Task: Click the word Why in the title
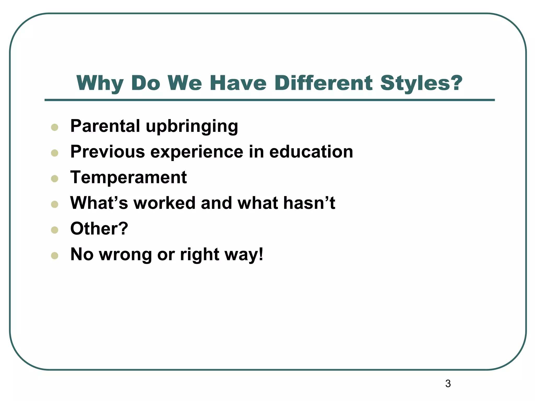point(100,83)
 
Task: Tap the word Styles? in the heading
point(421,83)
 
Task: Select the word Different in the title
point(323,83)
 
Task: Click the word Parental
point(105,126)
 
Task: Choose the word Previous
point(107,152)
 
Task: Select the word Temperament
point(129,177)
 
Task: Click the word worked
point(164,203)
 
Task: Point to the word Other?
point(99,228)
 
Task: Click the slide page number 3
point(448,384)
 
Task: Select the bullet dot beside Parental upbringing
point(55,127)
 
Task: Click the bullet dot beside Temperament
point(55,179)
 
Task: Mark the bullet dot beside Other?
point(55,230)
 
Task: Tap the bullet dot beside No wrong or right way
point(55,256)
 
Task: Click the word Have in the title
point(238,83)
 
